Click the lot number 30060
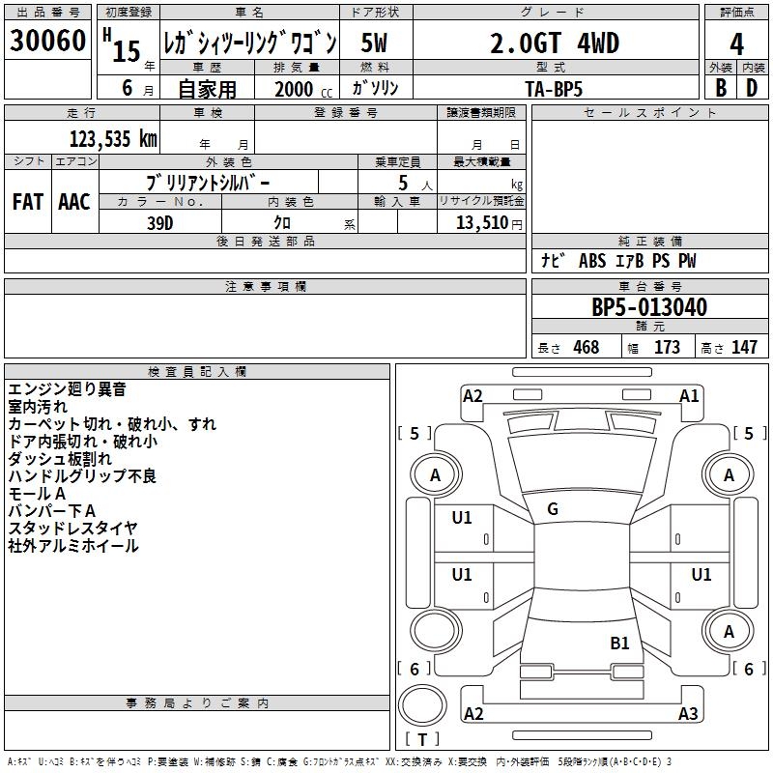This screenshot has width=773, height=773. (x=47, y=42)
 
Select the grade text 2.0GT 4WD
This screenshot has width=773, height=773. (x=555, y=43)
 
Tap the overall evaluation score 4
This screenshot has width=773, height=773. (x=736, y=43)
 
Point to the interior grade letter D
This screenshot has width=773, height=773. (x=752, y=87)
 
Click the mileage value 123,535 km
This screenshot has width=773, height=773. (x=113, y=138)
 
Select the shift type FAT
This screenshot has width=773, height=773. (x=27, y=202)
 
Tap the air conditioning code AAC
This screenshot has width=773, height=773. (x=73, y=202)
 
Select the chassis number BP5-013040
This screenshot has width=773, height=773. (x=648, y=308)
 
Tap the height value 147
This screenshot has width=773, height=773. (x=744, y=348)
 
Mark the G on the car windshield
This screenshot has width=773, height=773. (x=552, y=509)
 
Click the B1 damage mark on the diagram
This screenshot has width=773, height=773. (x=619, y=642)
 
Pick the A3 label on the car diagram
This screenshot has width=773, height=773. (x=688, y=714)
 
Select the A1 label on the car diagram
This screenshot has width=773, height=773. (x=689, y=395)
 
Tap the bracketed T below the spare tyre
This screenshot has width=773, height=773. (x=422, y=740)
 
